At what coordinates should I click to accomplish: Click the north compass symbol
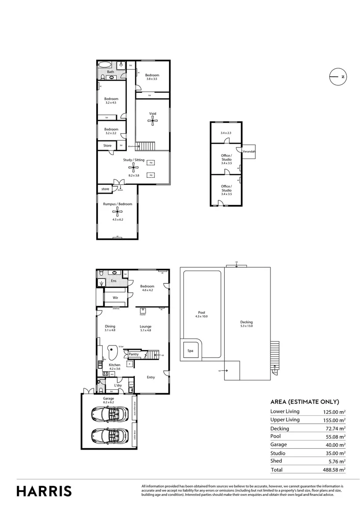337,76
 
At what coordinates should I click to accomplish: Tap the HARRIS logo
44,491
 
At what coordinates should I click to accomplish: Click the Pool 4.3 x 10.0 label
202,314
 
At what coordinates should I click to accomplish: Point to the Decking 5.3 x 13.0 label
246,324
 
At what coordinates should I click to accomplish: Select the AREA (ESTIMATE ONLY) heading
304,402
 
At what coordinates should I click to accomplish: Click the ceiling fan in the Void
152,121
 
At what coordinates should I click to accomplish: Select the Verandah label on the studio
248,151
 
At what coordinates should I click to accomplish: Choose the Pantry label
133,354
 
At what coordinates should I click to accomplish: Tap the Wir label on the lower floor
115,298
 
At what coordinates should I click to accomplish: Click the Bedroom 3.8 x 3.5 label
152,77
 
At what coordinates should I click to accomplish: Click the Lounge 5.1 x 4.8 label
145,328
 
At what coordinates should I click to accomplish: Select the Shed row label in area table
276,461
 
